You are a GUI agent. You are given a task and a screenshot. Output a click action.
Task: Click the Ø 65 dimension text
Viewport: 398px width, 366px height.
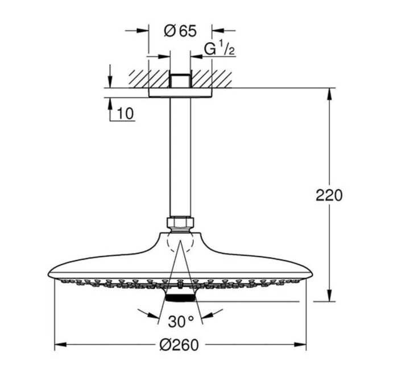[x=180, y=31]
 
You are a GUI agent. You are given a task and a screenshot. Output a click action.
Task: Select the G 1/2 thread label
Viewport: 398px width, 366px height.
[x=219, y=50]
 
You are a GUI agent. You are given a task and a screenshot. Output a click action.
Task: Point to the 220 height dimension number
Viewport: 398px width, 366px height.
[x=329, y=196]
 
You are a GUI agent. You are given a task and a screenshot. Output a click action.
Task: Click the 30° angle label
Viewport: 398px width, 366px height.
[x=181, y=322]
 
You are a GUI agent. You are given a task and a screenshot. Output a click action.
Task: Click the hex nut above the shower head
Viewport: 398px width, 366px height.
[x=180, y=223]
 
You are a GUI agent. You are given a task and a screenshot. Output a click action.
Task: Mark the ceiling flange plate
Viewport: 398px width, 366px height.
[x=180, y=93]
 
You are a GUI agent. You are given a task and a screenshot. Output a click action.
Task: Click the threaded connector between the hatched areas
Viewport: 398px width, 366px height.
[x=180, y=79]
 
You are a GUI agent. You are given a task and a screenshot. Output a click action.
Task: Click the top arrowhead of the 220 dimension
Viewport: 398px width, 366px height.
[x=329, y=94]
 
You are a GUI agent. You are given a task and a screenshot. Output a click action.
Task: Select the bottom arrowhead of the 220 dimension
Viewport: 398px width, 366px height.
[x=329, y=296]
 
